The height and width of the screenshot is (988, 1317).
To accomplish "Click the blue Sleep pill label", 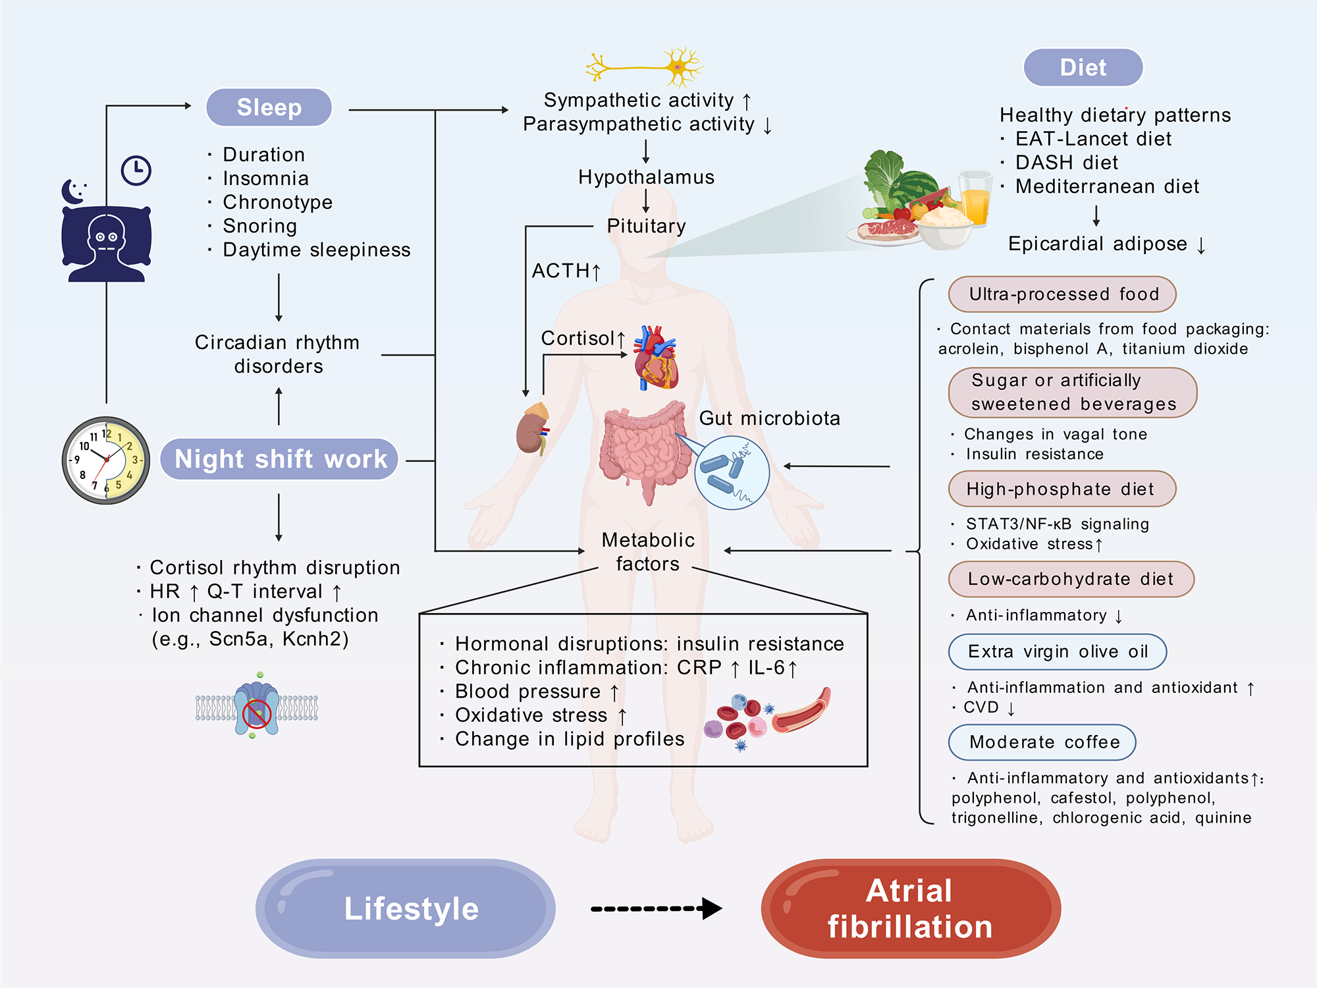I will coord(269,107).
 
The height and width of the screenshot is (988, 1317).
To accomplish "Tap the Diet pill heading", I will coord(1083,68).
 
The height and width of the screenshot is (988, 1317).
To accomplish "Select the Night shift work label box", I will coord(280,459).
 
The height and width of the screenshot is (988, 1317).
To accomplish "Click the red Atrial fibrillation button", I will coord(910,908).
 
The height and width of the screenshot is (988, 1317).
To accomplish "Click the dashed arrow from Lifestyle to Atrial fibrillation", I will coord(656,909).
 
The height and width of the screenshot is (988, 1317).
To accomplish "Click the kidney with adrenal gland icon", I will coord(533,429).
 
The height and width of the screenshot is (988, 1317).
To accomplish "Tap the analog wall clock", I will coord(106,460).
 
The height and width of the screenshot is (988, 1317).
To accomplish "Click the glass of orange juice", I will coord(975,198).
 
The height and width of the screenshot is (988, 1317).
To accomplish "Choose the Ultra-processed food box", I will coord(1062,294).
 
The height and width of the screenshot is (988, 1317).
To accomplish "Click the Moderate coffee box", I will coord(1042,742).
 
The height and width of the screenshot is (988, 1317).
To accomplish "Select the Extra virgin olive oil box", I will coord(1057,652).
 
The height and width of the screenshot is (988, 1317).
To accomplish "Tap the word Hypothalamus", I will coord(646,177).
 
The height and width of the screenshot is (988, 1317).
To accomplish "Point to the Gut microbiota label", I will coord(769,418).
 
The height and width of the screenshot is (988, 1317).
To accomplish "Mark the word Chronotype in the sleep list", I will coord(277,202).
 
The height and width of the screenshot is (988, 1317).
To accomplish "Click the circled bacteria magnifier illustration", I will coord(732,472).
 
